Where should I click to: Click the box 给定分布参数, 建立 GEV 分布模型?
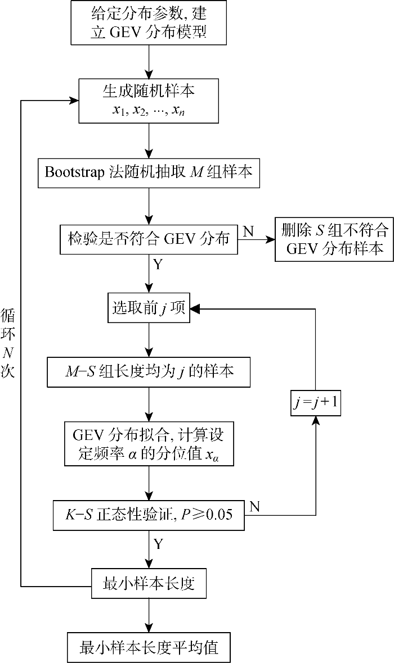[x=149, y=22]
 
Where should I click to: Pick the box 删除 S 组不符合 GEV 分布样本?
[x=333, y=239]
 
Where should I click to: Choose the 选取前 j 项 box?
[x=149, y=308]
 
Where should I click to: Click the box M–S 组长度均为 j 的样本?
[x=149, y=371]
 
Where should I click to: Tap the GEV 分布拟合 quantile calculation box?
[x=149, y=443]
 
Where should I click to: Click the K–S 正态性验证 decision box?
[x=149, y=515]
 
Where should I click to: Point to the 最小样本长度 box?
[x=149, y=584]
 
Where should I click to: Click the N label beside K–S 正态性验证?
[x=254, y=506]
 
